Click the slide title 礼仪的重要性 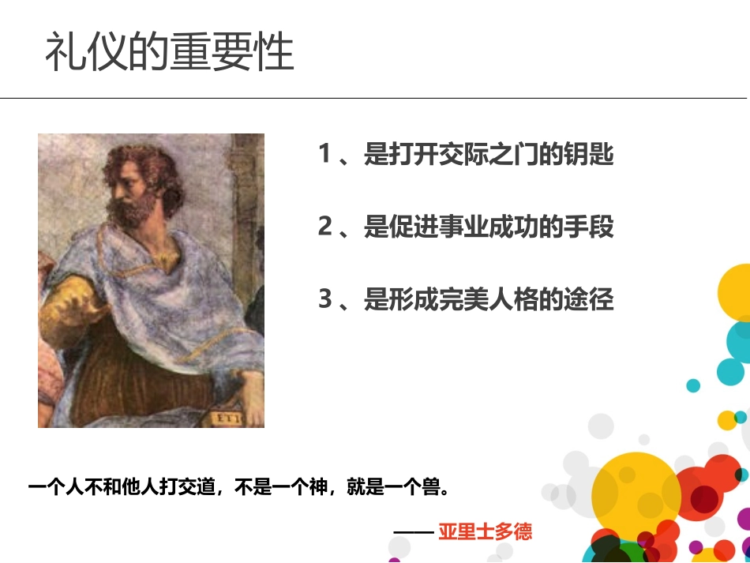coord(169,52)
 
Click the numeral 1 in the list coord(324,154)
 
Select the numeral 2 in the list coord(324,227)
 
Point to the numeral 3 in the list coord(324,300)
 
